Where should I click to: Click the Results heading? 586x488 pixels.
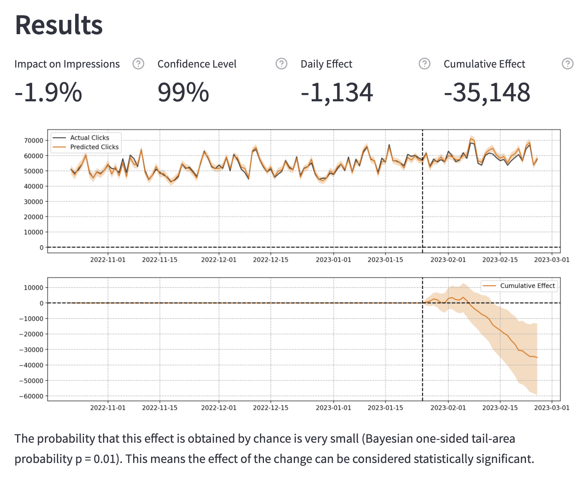59,25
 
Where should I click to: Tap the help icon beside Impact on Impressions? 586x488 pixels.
138,64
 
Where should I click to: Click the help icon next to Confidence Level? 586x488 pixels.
281,64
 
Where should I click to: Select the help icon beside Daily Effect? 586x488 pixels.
425,64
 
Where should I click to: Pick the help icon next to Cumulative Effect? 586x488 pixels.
568,64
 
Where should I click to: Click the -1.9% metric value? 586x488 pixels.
48,93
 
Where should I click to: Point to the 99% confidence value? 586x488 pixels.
183,93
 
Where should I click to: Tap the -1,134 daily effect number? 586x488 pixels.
337,93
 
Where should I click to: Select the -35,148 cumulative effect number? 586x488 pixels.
487,93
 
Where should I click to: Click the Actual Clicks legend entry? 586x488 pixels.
89,137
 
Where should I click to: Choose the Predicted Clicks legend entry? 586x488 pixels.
94,147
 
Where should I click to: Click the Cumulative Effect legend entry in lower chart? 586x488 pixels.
527,286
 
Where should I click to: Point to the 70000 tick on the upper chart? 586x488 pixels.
33,140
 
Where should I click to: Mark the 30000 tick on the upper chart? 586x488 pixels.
33,201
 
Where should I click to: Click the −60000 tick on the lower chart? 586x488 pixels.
31,396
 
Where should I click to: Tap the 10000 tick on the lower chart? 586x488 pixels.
33,288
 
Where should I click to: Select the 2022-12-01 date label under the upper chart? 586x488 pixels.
219,260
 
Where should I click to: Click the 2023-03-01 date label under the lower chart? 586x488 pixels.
551,408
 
